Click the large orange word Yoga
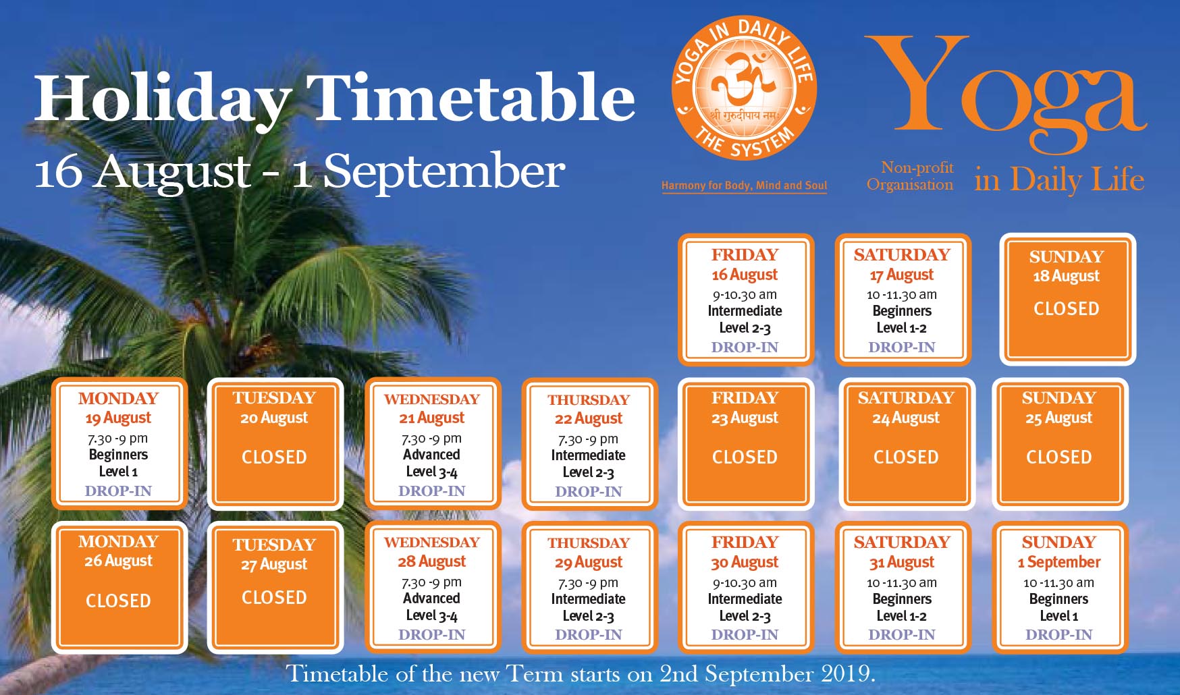click(1006, 91)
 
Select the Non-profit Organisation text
click(911, 176)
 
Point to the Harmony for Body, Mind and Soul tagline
click(744, 186)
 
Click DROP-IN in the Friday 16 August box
click(745, 347)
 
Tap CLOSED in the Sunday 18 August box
click(1067, 309)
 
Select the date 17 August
click(902, 275)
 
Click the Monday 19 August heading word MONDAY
click(118, 398)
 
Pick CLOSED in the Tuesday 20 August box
click(274, 457)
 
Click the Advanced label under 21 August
click(431, 455)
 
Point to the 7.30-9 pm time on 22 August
click(588, 439)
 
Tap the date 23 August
click(745, 418)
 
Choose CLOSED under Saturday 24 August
click(906, 457)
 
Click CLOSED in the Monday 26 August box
click(118, 601)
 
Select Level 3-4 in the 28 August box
click(431, 615)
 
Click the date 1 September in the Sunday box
click(1058, 562)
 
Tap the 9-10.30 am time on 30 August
click(745, 583)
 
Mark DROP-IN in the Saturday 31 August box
click(902, 635)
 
